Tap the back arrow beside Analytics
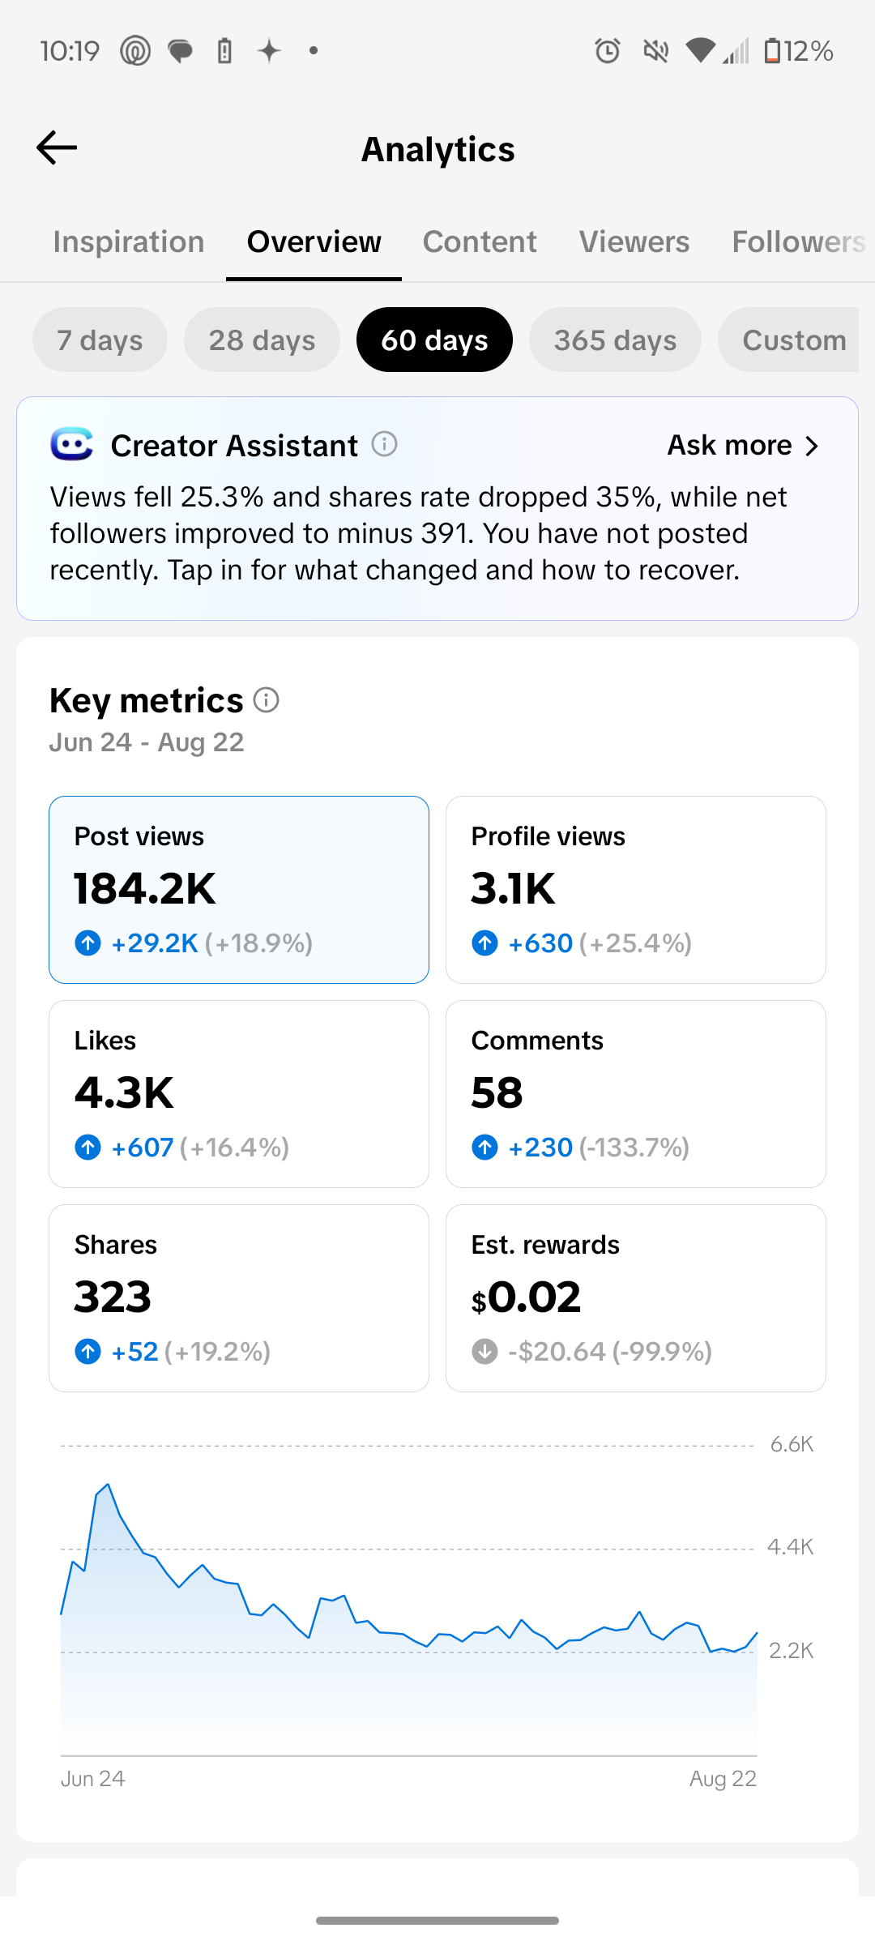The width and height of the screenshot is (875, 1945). [x=57, y=147]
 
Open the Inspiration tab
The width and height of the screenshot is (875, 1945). [x=129, y=242]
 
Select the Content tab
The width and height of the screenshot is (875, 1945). [x=480, y=242]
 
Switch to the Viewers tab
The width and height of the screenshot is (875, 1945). [x=634, y=242]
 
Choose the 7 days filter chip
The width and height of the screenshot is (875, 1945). [x=100, y=340]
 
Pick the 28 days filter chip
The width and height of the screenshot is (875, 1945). [x=262, y=340]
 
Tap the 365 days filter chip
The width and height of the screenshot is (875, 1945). [x=615, y=340]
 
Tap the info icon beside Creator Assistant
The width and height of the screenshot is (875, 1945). [x=384, y=444]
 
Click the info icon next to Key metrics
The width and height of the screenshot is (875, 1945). [x=266, y=699]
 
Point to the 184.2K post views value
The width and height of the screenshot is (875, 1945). [x=145, y=888]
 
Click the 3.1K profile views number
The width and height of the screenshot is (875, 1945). [x=513, y=888]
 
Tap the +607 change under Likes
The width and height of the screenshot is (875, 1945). [x=143, y=1147]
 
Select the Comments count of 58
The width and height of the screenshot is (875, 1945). [x=497, y=1092]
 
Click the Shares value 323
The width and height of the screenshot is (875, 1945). [x=113, y=1297]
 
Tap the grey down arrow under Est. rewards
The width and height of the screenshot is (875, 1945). [x=484, y=1351]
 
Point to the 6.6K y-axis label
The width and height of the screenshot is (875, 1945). [x=792, y=1444]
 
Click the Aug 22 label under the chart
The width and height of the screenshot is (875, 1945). [x=723, y=1779]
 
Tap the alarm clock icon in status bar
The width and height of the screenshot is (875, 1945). [x=608, y=51]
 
